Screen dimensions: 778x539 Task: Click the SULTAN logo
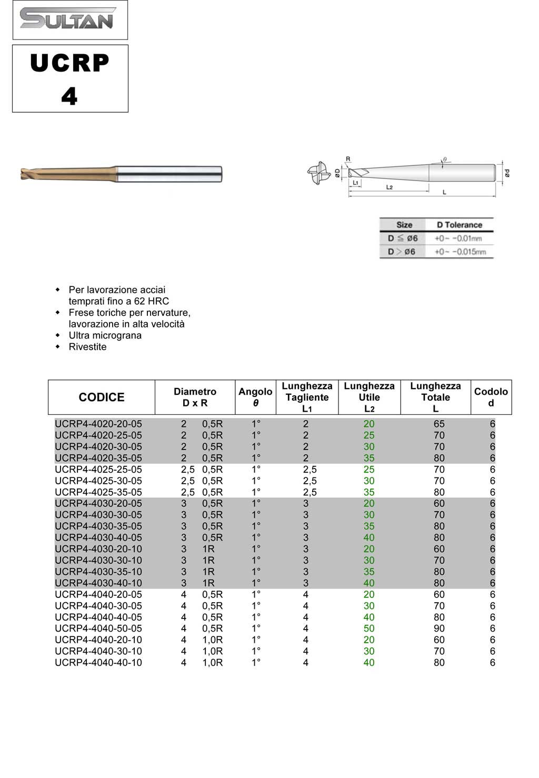coord(67,18)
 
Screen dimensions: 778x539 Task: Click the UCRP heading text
coord(69,63)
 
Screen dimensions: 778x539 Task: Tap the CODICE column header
coord(102,397)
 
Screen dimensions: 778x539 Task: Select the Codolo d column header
coord(491,397)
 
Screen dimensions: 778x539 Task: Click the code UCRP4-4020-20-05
coord(98,424)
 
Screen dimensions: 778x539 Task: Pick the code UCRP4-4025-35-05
coord(98,492)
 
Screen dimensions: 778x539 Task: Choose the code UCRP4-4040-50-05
coord(98,629)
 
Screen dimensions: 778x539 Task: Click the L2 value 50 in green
coord(369,629)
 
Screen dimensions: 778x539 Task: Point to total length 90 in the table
coord(439,629)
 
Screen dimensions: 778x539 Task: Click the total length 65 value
coord(439,424)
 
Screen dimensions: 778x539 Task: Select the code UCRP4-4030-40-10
coord(98,583)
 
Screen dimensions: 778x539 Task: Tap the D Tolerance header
coord(459,225)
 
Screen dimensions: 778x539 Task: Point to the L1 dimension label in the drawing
coord(356,183)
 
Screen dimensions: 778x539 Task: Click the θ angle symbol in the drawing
coord(445,159)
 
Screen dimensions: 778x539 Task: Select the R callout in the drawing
coord(348,159)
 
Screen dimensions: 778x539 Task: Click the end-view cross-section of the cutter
coord(318,173)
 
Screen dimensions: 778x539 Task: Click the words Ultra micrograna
coord(105,335)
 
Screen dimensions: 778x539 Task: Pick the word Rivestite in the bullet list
coord(87,347)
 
